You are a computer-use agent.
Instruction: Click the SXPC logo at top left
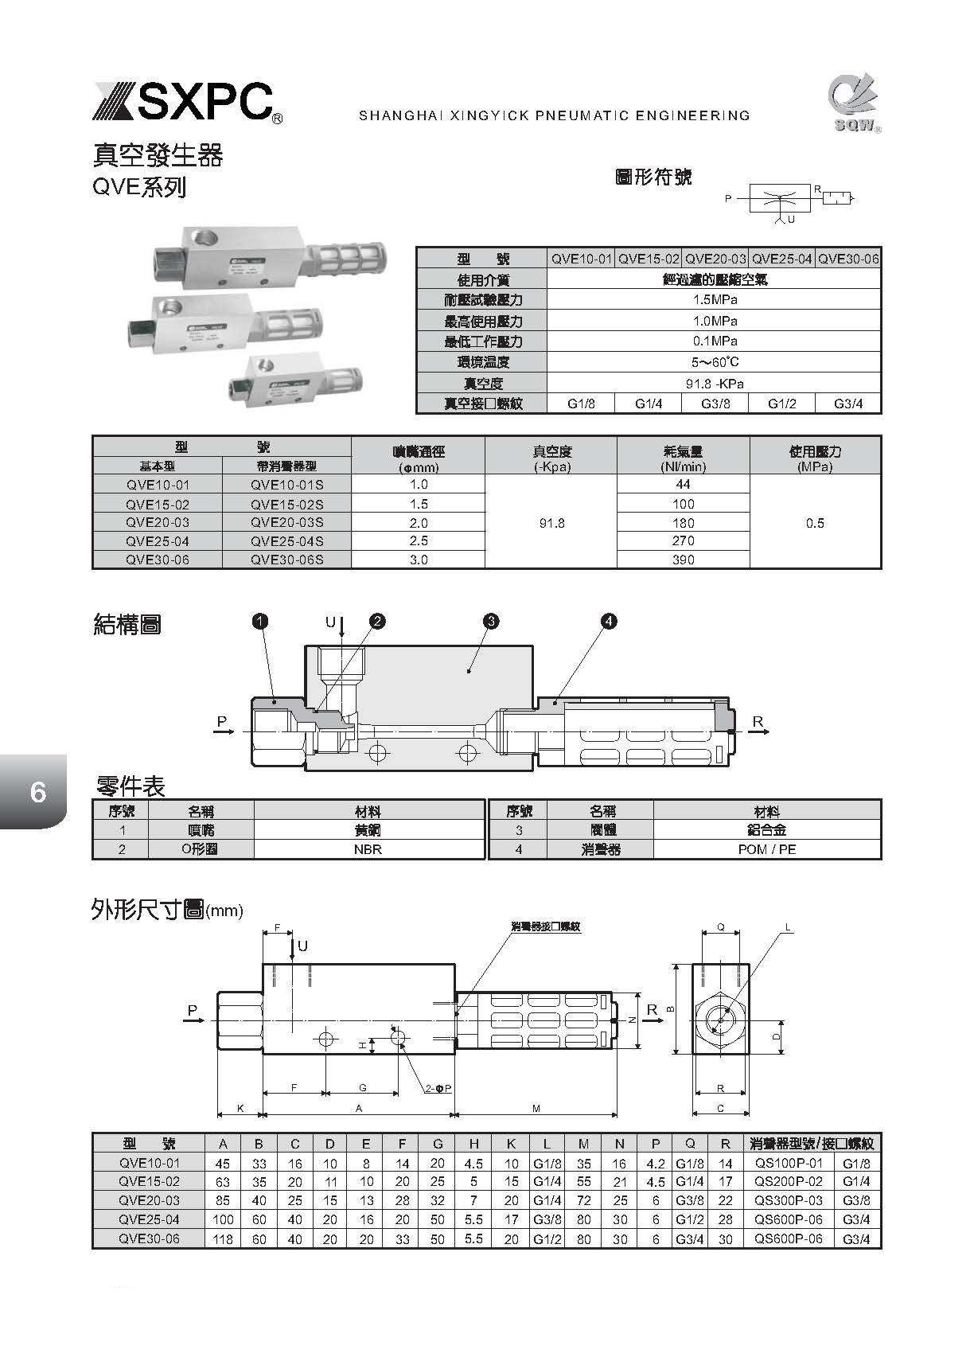[x=185, y=102]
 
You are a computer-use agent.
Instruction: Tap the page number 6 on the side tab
[x=37, y=792]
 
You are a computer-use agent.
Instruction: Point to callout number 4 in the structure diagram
[x=609, y=622]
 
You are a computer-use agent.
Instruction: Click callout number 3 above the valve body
[x=491, y=622]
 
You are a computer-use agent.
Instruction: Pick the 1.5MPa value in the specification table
[x=714, y=300]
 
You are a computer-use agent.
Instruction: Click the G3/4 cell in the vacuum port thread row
[x=848, y=404]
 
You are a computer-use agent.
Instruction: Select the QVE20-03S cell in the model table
[x=286, y=523]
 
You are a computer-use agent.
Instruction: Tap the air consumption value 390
[x=683, y=560]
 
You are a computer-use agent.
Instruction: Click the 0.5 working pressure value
[x=815, y=523]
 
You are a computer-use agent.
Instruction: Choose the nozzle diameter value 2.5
[x=419, y=541]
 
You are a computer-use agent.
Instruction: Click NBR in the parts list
[x=368, y=849]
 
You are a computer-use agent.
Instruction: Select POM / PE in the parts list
[x=766, y=849]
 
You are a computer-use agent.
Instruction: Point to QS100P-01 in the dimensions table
[x=789, y=1163]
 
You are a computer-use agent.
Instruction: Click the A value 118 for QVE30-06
[x=223, y=1239]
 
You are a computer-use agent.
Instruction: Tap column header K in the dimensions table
[x=511, y=1144]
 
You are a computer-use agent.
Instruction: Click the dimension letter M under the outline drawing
[x=536, y=1108]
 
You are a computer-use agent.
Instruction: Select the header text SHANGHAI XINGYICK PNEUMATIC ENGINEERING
[x=554, y=115]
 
